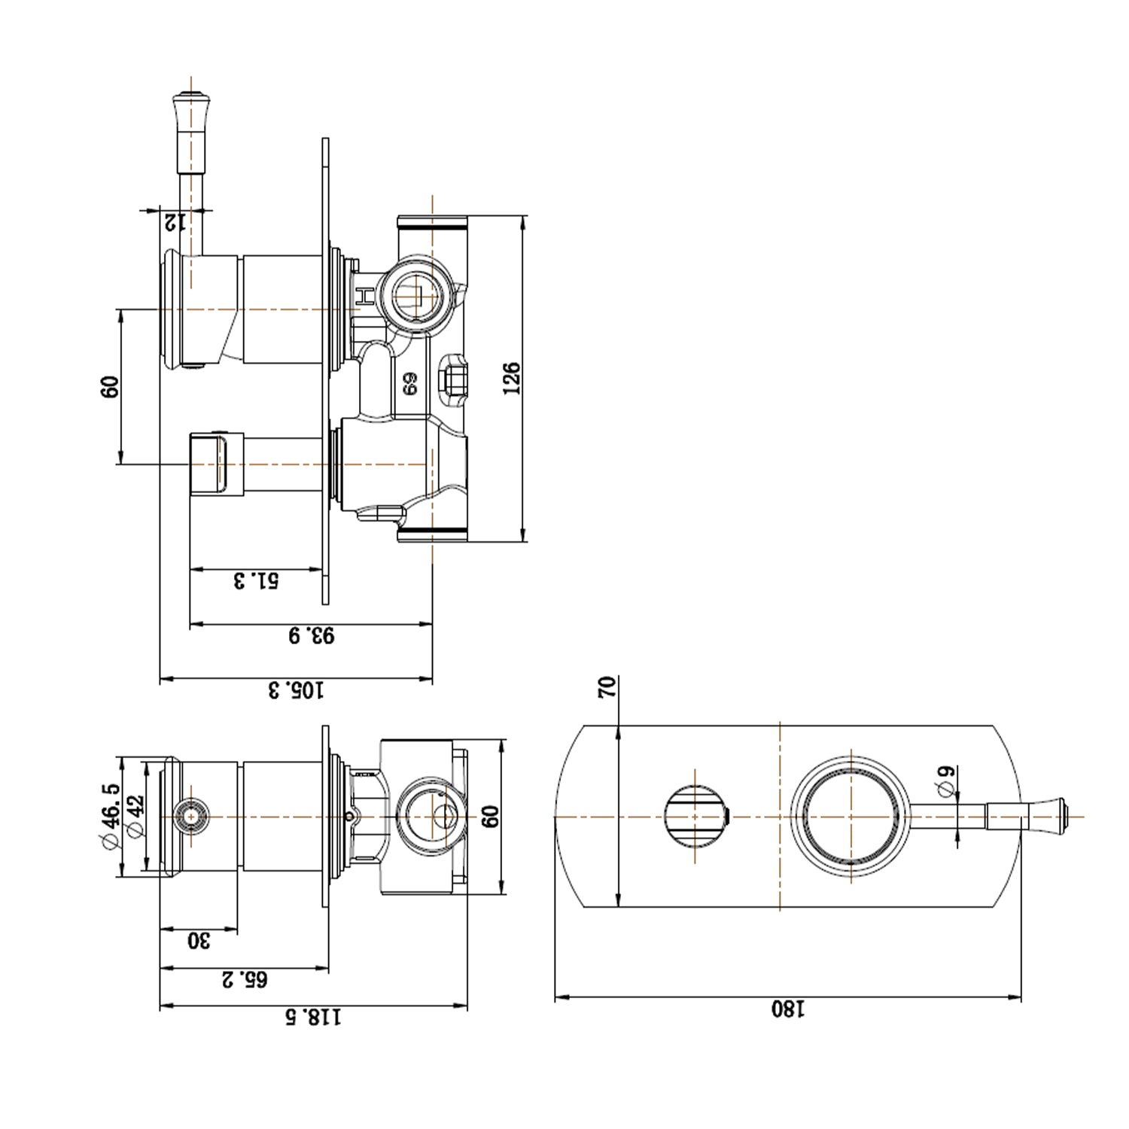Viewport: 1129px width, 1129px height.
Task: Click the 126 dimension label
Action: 511,378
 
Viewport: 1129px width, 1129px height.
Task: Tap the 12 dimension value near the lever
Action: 175,221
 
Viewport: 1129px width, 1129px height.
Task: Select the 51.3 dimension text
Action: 256,580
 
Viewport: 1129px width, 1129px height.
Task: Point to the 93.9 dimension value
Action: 311,635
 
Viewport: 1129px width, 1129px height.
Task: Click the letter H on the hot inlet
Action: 364,296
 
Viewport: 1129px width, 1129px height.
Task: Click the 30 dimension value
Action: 198,940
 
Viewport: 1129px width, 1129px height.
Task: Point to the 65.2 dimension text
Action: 244,979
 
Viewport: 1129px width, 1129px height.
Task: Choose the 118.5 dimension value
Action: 312,1017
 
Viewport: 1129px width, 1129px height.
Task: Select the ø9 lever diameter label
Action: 947,780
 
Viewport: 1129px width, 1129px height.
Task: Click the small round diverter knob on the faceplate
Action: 695,816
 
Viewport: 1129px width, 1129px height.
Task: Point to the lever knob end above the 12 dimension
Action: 192,98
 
